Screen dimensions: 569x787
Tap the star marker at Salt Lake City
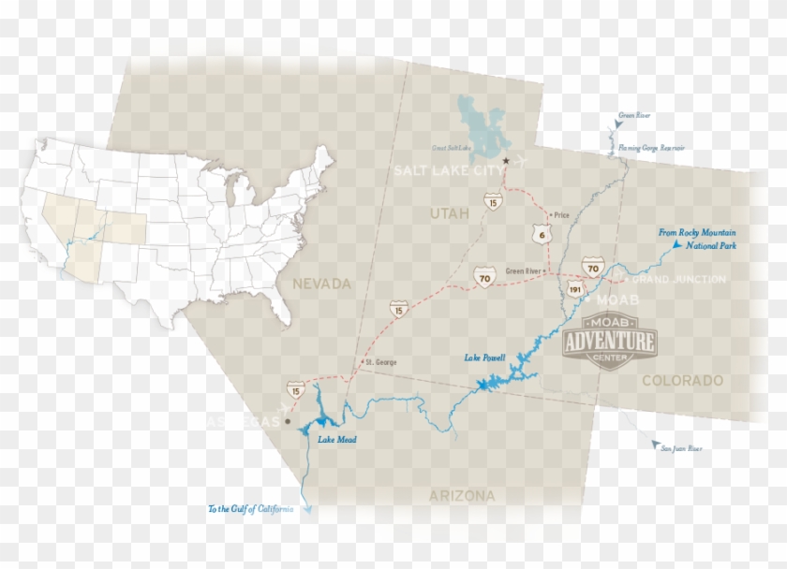click(505, 161)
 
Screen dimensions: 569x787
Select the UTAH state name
click(448, 214)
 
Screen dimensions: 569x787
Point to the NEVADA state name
click(320, 284)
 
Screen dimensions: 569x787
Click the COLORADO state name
click(682, 381)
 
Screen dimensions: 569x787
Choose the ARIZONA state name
click(461, 496)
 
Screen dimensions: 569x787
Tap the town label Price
click(562, 214)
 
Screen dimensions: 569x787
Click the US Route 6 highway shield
click(537, 233)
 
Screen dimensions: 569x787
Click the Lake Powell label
click(485, 358)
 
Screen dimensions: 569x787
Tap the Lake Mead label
click(337, 440)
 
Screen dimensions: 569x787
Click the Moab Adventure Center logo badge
click(609, 342)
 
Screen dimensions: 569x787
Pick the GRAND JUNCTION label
click(679, 280)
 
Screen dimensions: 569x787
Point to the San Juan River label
click(681, 449)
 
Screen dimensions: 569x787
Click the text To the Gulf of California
click(250, 509)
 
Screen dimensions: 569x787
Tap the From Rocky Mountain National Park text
click(697, 239)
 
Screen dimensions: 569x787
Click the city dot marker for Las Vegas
click(288, 422)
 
